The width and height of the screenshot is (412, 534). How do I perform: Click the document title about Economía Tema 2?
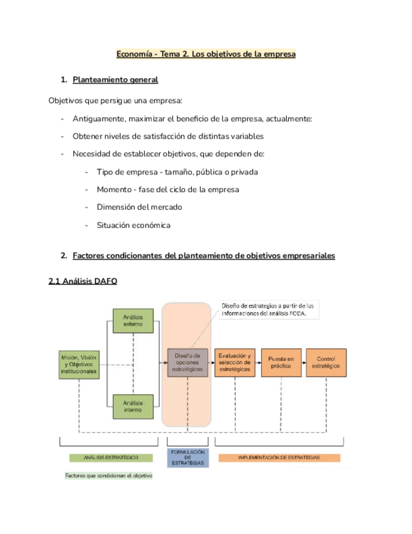pyautogui.click(x=206, y=54)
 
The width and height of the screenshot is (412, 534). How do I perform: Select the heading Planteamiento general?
pyautogui.click(x=115, y=80)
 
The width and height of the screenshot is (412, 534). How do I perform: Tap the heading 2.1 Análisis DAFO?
pyautogui.click(x=82, y=282)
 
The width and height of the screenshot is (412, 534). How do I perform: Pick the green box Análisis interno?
pyautogui.click(x=132, y=407)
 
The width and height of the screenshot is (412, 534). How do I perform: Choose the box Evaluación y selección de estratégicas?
pyautogui.click(x=234, y=363)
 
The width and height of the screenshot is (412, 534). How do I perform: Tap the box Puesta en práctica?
pyautogui.click(x=281, y=363)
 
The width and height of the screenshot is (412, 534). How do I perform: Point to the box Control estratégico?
pyautogui.click(x=326, y=363)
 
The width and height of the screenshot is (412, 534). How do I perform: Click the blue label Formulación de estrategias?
pyautogui.click(x=187, y=457)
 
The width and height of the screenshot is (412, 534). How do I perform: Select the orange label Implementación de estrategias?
pyautogui.click(x=279, y=457)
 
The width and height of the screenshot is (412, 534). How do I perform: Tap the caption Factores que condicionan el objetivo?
pyautogui.click(x=109, y=475)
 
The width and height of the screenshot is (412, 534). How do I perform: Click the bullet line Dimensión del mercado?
pyautogui.click(x=140, y=207)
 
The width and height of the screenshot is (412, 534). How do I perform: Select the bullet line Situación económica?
pyautogui.click(x=133, y=225)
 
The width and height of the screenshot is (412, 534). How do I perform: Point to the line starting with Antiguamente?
pyautogui.click(x=192, y=118)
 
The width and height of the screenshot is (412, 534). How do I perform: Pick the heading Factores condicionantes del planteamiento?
pyautogui.click(x=204, y=256)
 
